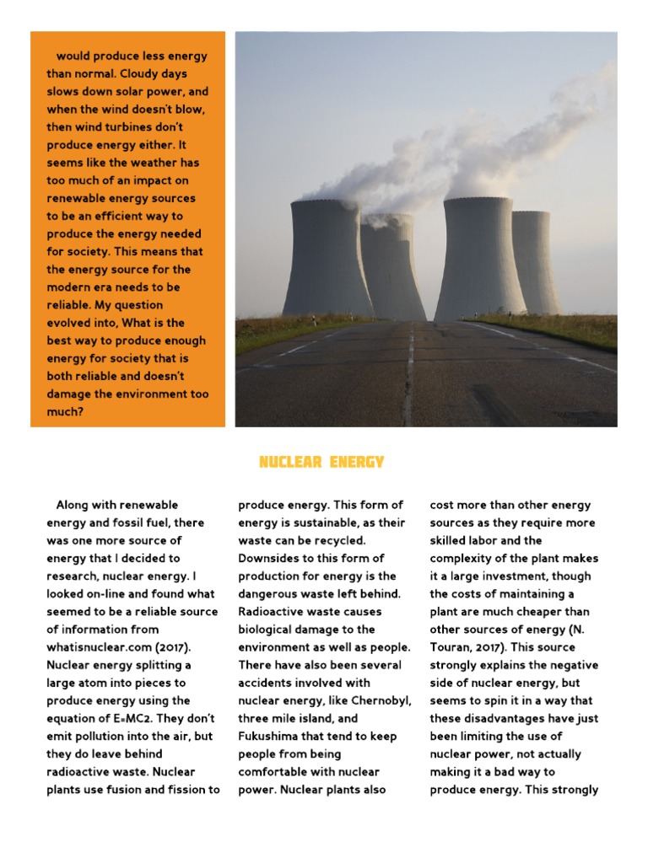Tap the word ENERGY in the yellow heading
pyautogui.click(x=357, y=462)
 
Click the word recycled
pyautogui.click(x=345, y=540)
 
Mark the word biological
pyautogui.click(x=271, y=630)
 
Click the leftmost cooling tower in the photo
pyautogui.click(x=327, y=257)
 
